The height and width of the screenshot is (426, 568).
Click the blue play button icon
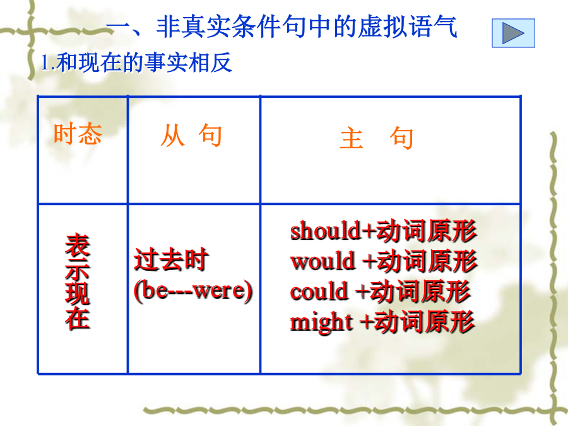513,33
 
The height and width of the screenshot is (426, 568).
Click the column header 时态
78,134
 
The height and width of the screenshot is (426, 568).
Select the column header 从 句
191,136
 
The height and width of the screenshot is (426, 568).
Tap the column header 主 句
376,138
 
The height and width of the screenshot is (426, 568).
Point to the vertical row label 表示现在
78,281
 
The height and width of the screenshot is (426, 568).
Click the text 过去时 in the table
171,259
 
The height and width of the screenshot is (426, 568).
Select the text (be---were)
193,290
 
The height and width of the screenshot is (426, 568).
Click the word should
325,231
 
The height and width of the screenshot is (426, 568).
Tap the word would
322,261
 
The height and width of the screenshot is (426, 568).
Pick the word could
319,291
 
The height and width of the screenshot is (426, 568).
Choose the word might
321,322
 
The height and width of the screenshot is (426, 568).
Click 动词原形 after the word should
427,231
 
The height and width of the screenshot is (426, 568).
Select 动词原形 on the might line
424,321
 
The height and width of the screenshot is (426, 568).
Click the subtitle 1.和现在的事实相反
136,62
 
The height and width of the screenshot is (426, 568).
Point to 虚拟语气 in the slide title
408,27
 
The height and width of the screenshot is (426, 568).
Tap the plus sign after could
363,291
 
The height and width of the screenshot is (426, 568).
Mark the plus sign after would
370,261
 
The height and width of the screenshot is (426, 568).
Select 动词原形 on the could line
420,291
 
